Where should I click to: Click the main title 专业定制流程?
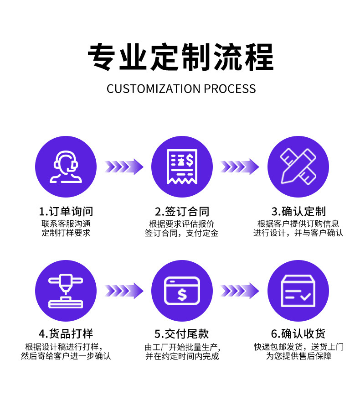tap(180, 57)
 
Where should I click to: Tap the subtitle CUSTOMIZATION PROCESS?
tap(181, 88)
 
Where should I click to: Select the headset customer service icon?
tap(66, 167)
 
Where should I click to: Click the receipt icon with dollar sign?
tap(182, 167)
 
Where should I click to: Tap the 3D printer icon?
tap(66, 291)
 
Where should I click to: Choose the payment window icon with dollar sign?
tap(182, 291)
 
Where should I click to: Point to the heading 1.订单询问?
tap(66, 212)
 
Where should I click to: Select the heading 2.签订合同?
tap(182, 212)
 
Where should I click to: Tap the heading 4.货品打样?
tap(66, 333)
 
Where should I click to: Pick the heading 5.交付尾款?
tap(182, 333)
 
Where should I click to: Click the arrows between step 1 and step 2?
tap(124, 167)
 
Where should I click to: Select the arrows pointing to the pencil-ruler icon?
tap(240, 167)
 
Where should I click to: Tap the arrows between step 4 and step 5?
tap(124, 291)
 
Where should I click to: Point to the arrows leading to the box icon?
tap(240, 291)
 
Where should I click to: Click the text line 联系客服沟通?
tap(66, 224)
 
